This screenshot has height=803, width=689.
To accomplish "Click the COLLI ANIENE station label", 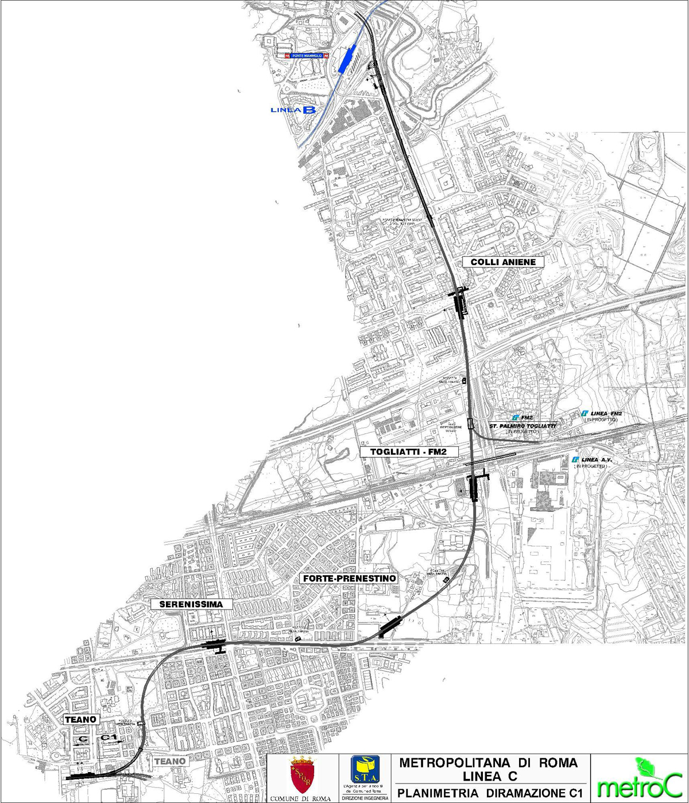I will coord(503,262).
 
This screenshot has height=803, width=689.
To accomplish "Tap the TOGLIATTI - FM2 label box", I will coord(410,452).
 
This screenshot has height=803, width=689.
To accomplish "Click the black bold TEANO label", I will coord(81,719).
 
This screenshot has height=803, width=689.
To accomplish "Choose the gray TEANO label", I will coord(171,761).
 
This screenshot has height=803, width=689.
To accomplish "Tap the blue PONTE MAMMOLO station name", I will coord(307,56).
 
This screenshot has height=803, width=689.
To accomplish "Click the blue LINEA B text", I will coord(292,110).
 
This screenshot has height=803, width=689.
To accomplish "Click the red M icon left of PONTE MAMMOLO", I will coord(287,56).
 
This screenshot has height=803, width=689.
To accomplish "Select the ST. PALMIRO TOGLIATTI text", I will coord(522,426).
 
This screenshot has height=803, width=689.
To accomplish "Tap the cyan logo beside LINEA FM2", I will coord(585,413).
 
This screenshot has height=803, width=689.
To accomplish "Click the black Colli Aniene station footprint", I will coord(460,301).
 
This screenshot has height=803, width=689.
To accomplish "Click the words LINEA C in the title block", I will coord(489,776).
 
